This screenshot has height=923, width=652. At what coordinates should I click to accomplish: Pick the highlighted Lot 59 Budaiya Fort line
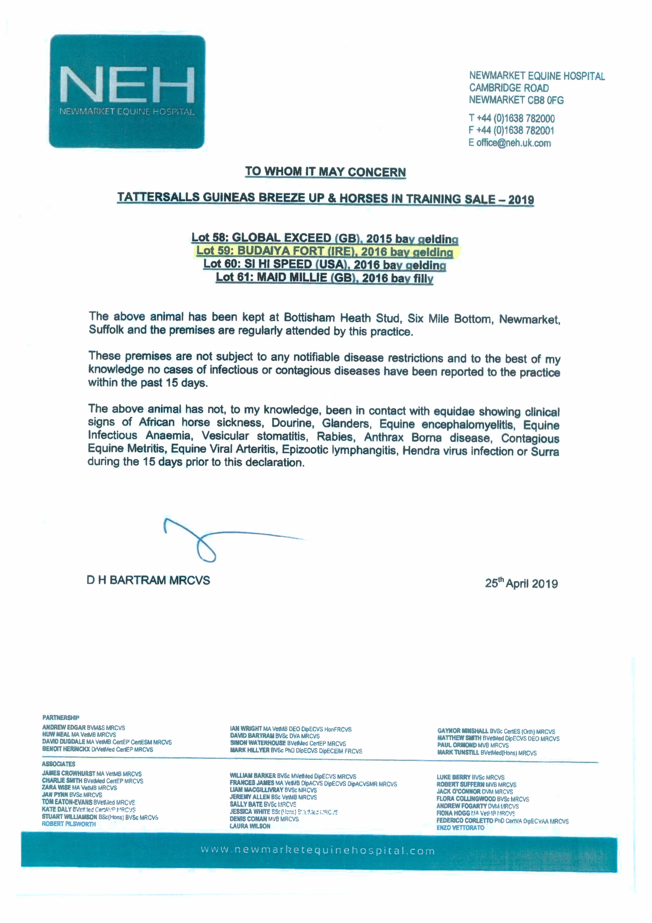coord(325,252)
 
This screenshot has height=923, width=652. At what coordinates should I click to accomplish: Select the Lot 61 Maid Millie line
coord(325,278)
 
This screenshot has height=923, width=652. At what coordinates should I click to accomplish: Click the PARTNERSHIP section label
coord(61,718)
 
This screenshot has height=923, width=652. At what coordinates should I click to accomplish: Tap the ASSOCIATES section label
coord(59,764)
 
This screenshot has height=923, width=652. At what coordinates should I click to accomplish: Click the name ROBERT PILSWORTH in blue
coord(69,824)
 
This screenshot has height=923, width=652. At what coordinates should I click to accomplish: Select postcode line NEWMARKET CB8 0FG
coord(516,100)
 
